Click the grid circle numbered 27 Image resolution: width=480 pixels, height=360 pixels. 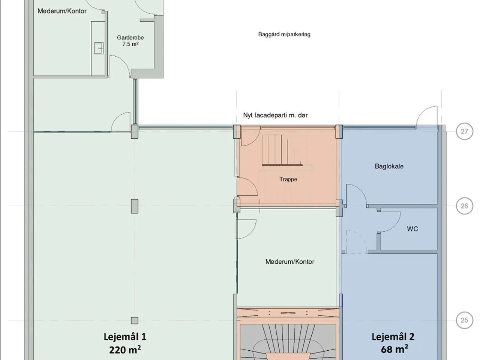point(465,131)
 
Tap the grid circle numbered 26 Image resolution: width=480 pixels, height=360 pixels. point(465,206)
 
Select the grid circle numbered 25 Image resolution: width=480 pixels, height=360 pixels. point(465,320)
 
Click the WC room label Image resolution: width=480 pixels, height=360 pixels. point(412,229)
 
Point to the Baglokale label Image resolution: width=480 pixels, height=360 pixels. point(389,166)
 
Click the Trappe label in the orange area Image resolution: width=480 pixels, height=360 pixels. point(288,180)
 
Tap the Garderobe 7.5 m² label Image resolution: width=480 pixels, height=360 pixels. point(130,41)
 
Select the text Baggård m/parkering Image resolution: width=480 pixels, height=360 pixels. point(284,34)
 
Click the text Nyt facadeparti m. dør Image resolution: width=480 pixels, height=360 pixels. point(275,115)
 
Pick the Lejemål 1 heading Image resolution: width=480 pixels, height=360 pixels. point(125,337)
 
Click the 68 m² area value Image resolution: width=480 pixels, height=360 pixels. point(394,349)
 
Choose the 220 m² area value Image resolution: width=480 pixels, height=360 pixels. point(125,350)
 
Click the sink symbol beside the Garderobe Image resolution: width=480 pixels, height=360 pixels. point(99,48)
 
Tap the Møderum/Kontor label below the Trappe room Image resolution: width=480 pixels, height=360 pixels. point(290,262)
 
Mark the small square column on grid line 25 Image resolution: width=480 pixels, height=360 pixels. point(135,321)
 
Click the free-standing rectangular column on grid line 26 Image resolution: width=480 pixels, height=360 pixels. point(135,206)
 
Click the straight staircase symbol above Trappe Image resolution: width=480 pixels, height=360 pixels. point(282,150)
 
